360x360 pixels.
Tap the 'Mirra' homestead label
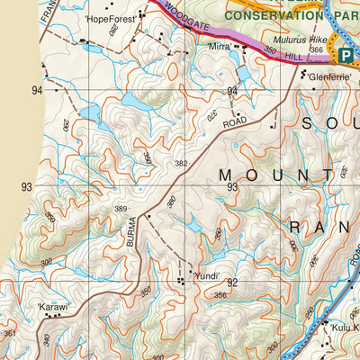point(220,45)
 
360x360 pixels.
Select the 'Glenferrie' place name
point(327,77)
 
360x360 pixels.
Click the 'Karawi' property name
point(53,306)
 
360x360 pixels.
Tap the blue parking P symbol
point(346,55)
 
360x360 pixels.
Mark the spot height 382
point(182,163)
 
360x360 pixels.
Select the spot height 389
point(121,209)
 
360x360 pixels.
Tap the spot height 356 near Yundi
point(219,294)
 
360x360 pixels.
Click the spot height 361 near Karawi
point(9,334)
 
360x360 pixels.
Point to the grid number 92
point(232,282)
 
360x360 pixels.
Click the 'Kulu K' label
point(342,328)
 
